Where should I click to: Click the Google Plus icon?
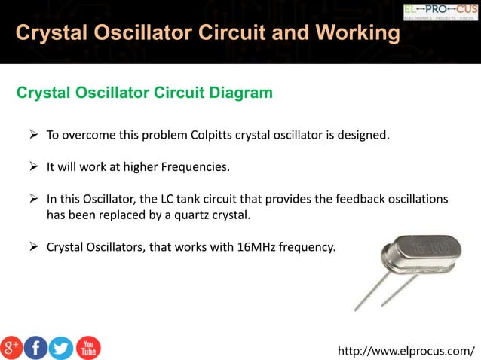11,347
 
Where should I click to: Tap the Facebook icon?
35,347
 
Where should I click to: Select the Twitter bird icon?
61,347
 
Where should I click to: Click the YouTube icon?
88,347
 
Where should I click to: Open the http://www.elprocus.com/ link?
406,350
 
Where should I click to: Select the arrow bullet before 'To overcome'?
33,136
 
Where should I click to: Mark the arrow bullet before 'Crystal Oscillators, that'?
33,246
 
